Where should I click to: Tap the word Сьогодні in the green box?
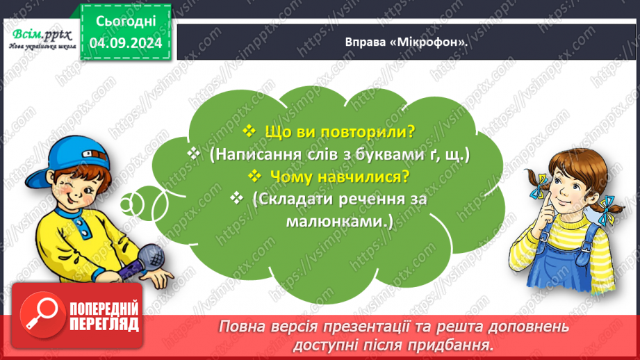point(125,21)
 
